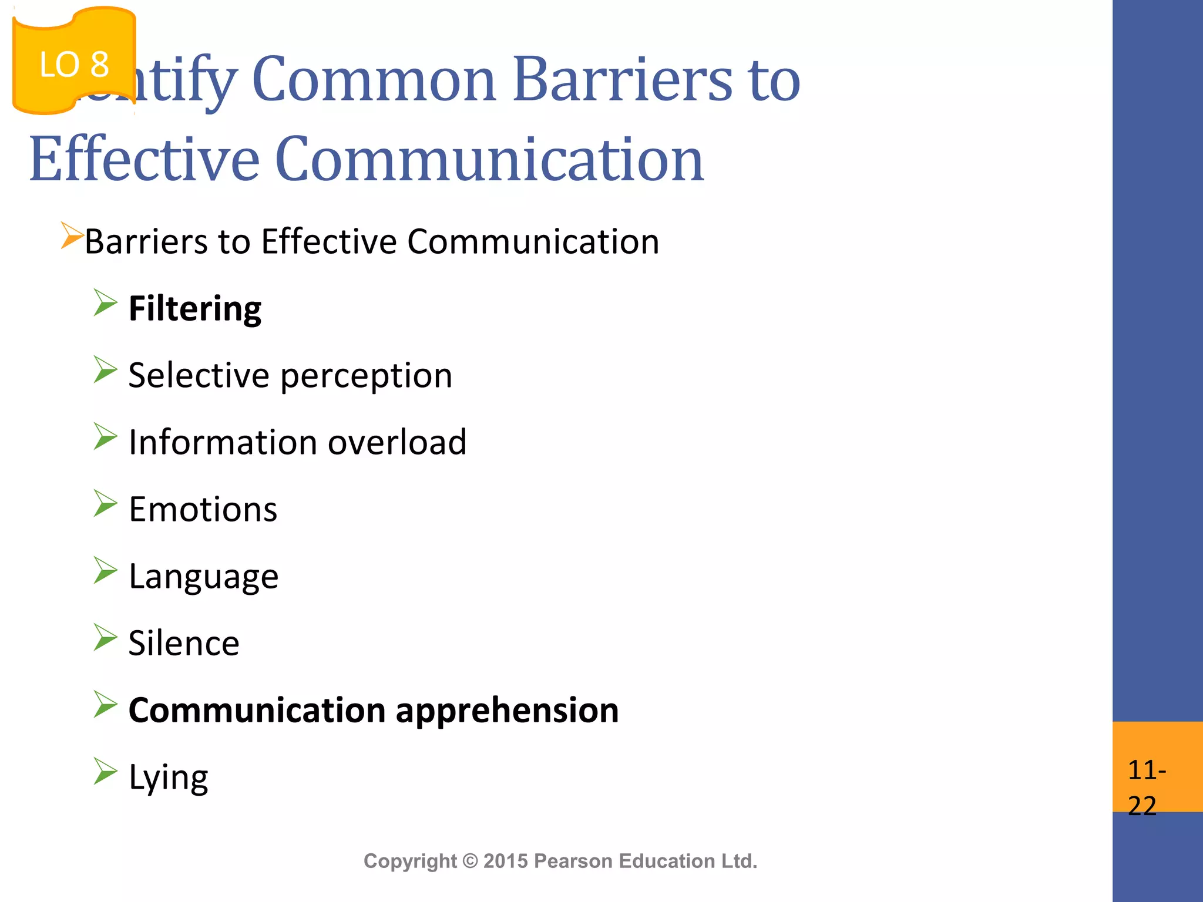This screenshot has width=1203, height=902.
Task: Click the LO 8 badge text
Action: [x=74, y=65]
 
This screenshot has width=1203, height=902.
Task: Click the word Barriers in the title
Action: [x=623, y=79]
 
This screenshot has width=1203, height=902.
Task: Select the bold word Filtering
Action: [x=195, y=309]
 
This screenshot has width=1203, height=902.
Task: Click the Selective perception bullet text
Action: [x=290, y=376]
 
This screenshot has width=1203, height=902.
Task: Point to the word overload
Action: [x=397, y=442]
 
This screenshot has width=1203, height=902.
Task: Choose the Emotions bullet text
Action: [x=203, y=509]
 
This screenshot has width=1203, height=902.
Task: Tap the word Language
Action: [x=203, y=577]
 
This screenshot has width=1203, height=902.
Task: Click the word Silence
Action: [x=184, y=643]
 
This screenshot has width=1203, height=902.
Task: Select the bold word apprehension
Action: [x=507, y=711]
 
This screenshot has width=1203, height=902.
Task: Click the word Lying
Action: [x=168, y=778]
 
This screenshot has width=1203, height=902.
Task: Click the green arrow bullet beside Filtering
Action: [x=106, y=304]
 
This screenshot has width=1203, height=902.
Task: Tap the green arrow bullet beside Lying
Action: [x=106, y=772]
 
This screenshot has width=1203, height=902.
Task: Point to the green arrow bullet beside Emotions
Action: [x=106, y=504]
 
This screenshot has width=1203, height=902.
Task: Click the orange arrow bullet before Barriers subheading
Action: [x=72, y=236]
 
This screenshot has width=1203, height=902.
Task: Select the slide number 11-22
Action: [x=1146, y=787]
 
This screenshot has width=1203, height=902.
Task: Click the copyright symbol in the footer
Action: [x=470, y=861]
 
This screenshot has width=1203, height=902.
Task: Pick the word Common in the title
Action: [x=374, y=79]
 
